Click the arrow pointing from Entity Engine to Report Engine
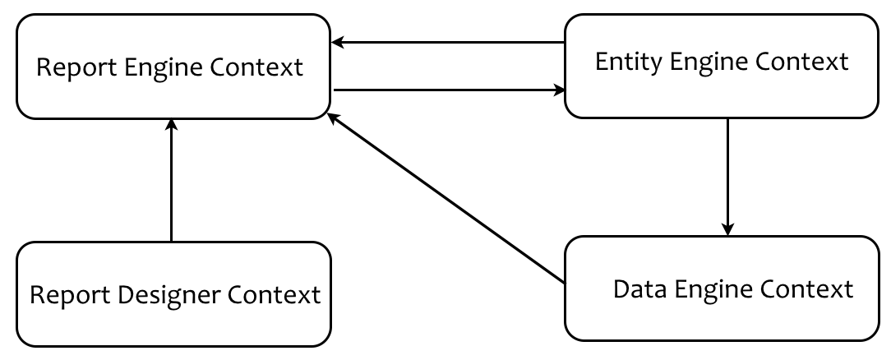[448, 42]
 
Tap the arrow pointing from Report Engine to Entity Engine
[448, 89]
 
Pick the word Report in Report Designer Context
[67, 294]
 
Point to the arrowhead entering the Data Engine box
[727, 228]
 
